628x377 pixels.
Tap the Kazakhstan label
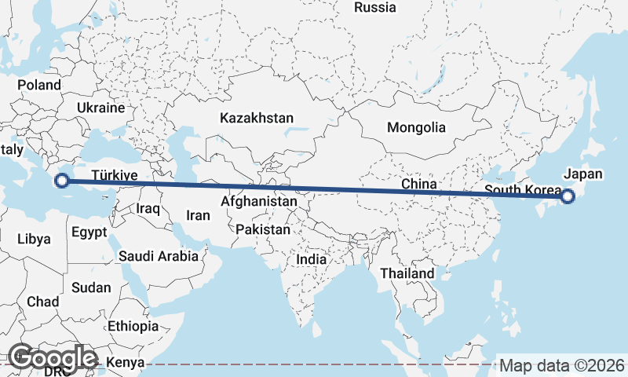click(257, 119)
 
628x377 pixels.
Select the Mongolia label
click(416, 127)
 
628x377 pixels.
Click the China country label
click(418, 184)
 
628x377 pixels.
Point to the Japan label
click(583, 174)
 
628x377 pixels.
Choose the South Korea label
click(523, 190)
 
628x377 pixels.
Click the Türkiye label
click(115, 174)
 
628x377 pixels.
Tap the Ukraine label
click(101, 108)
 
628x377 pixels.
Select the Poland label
click(39, 85)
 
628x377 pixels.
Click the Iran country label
click(197, 215)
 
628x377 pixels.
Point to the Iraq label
click(148, 209)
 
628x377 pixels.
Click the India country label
click(312, 259)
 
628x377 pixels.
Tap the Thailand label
click(407, 273)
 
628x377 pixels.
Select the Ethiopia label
click(133, 326)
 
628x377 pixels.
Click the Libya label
click(34, 239)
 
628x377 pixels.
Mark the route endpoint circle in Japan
click(568, 196)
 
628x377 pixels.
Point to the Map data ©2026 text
click(562, 366)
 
